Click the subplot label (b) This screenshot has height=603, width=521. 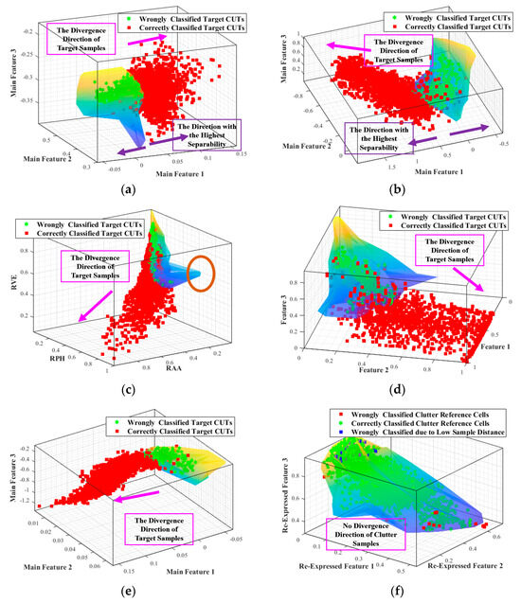point(390,188)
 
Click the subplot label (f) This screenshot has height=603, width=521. point(390,591)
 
